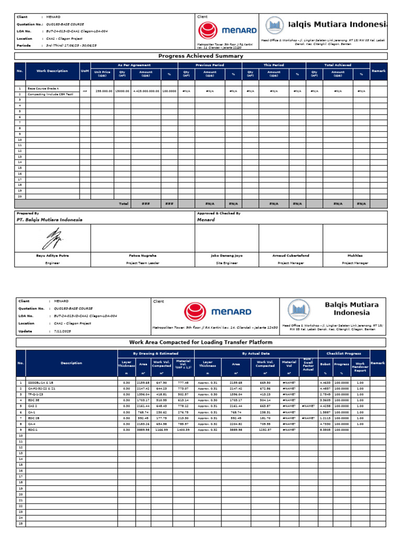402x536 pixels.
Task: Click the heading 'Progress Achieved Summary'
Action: (x=201, y=56)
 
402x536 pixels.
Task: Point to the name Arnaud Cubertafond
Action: (x=291, y=255)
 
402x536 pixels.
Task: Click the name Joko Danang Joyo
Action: (x=226, y=255)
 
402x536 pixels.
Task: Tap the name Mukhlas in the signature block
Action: (x=355, y=255)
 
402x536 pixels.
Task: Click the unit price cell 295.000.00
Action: (x=102, y=91)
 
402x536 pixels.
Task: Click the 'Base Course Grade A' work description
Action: (x=43, y=89)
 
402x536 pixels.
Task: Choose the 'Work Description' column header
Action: (x=52, y=71)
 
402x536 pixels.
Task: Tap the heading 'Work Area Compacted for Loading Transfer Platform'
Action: (x=201, y=342)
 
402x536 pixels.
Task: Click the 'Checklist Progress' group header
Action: (x=343, y=353)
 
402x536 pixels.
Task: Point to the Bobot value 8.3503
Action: (x=325, y=430)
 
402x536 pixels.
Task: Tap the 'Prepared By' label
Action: (x=28, y=214)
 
